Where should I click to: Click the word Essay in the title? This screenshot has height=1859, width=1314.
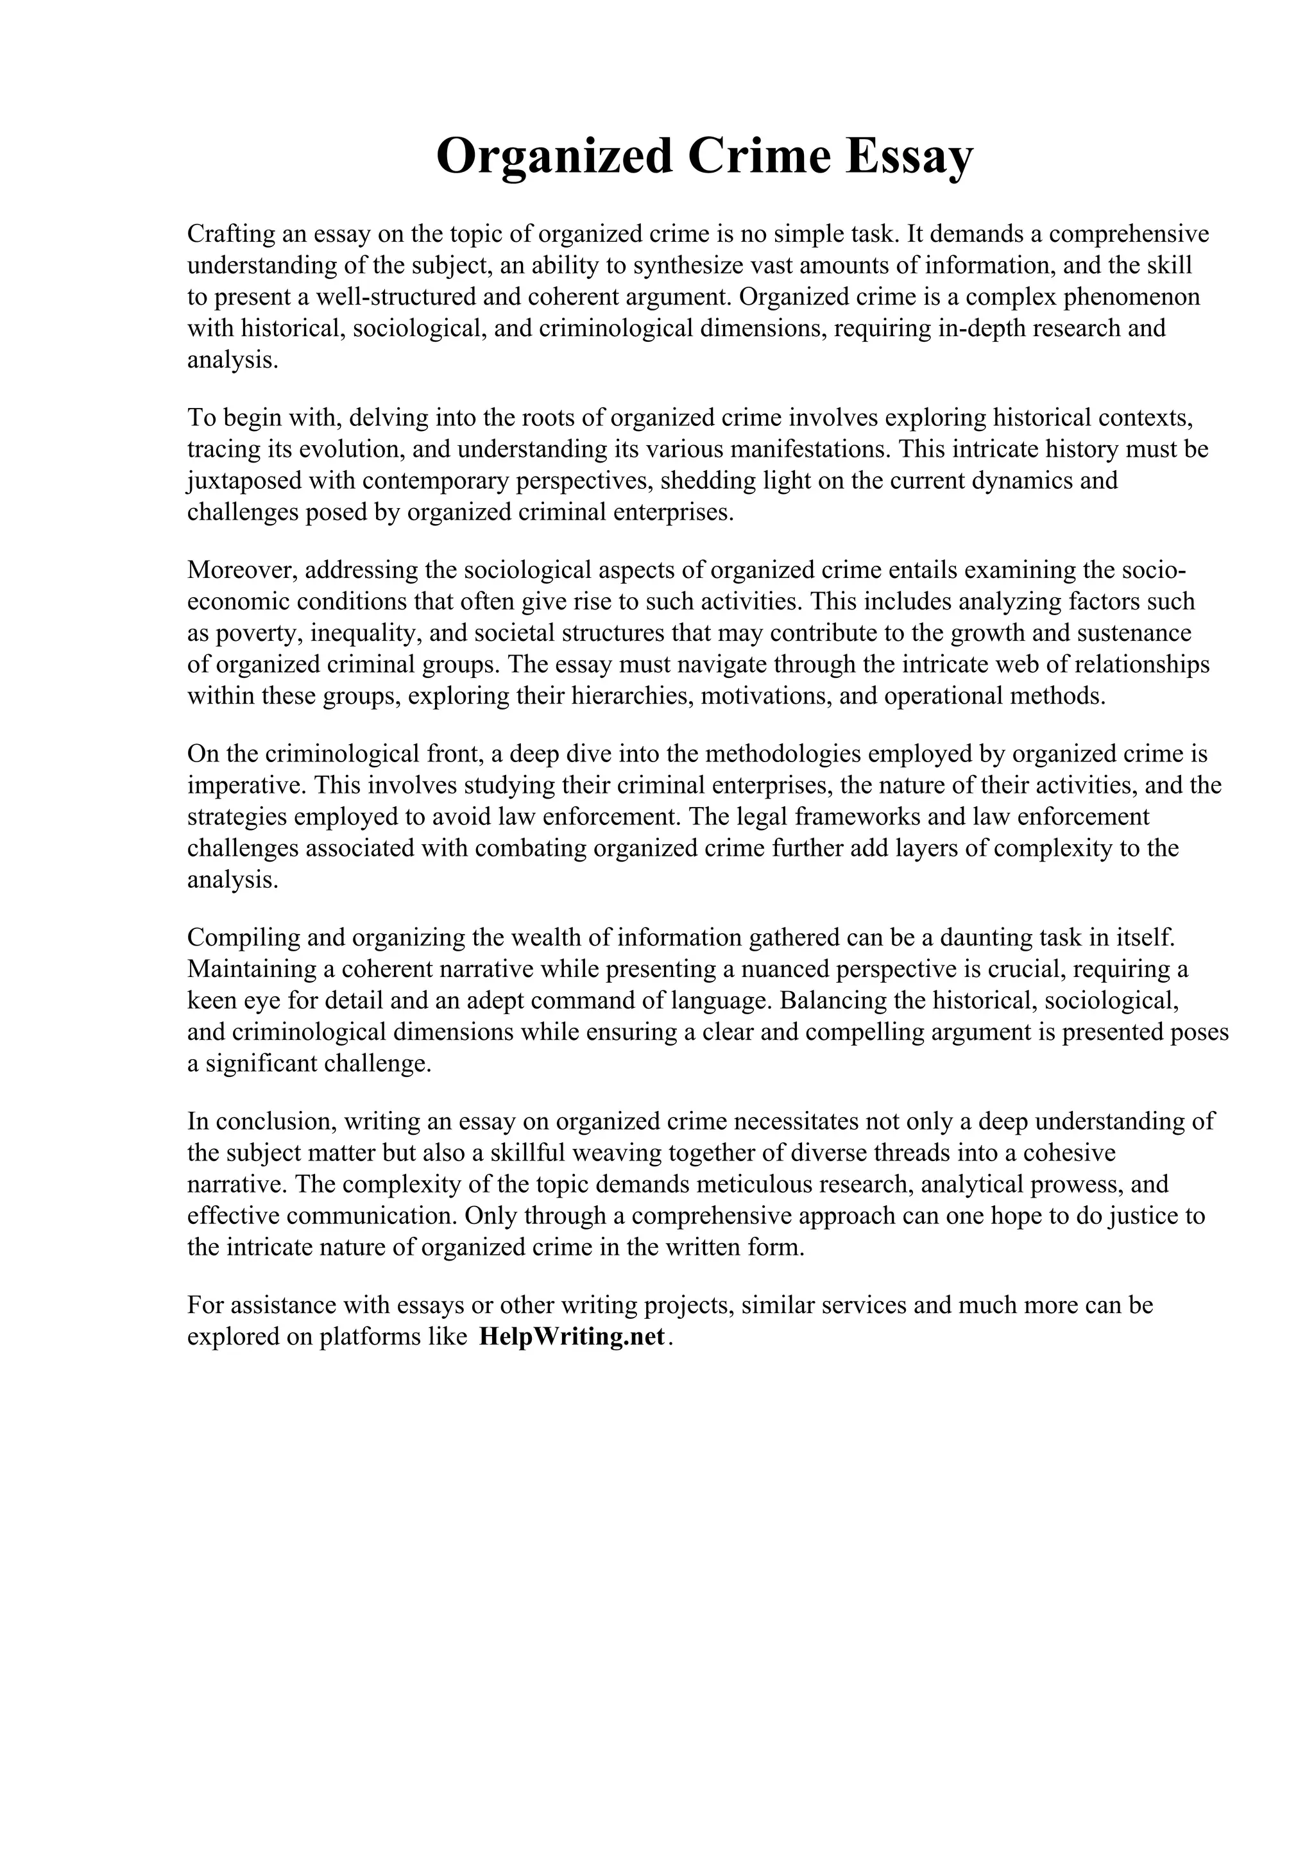[909, 157]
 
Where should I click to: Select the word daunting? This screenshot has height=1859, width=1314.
[986, 938]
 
